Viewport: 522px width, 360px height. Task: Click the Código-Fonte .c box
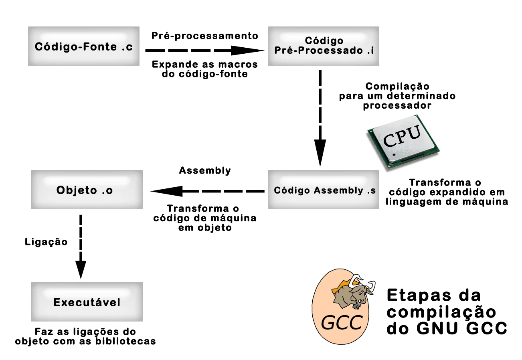pos(84,46)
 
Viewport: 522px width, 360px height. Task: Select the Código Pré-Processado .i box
pos(323,46)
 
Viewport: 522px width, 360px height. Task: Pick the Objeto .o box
pos(87,190)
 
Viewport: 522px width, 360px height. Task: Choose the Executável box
pos(87,302)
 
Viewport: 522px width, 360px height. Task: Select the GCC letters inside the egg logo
pos(342,323)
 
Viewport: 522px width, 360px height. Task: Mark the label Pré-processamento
pos(204,36)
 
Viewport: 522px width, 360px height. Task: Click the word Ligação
pos(46,242)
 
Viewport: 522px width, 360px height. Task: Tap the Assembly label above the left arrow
pos(205,170)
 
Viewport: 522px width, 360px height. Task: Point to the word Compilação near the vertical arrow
pos(397,87)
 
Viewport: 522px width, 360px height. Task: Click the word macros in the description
pos(240,65)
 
